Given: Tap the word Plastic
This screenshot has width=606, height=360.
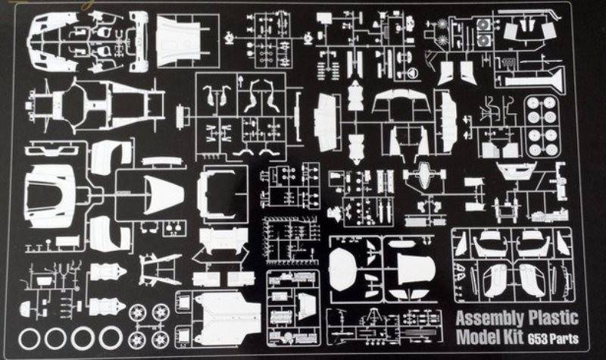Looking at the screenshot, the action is [553, 318].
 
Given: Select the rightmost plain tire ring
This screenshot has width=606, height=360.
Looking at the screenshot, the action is [111, 338].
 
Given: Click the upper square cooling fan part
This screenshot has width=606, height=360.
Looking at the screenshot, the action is [483, 25].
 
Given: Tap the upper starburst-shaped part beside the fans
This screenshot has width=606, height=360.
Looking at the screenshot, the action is [442, 24].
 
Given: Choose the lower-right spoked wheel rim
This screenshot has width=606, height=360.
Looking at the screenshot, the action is [161, 339].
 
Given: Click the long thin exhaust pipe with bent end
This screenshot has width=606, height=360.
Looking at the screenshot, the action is [529, 14].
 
